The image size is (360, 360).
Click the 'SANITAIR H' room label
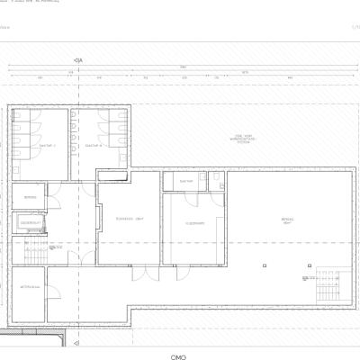[94, 145]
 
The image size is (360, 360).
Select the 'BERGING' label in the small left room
[29, 197]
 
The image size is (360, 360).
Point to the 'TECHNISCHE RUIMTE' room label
[130, 219]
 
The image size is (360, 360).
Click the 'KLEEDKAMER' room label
[194, 223]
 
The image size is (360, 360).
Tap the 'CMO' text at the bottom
[178, 355]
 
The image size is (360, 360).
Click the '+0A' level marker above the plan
[78, 60]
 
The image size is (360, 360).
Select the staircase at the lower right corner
[328, 287]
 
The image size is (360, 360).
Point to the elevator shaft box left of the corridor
[29, 223]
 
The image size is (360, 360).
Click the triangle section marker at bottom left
[76, 342]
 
